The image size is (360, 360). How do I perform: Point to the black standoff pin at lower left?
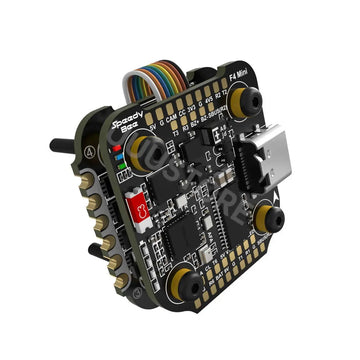[94, 245]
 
